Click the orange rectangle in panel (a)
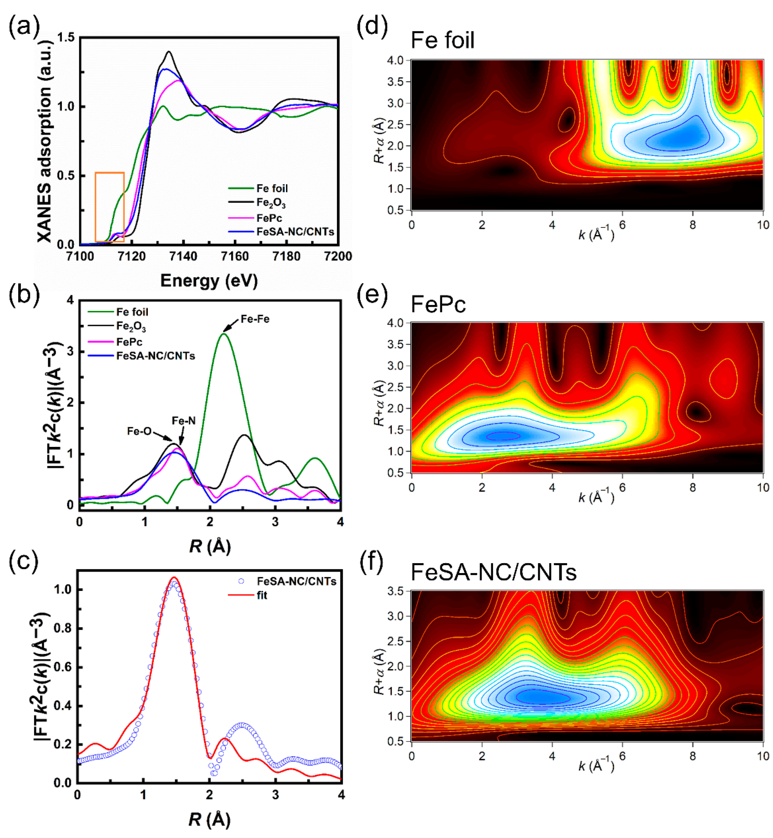click(x=110, y=207)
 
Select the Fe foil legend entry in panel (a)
click(x=272, y=189)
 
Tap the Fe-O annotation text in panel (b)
click(x=139, y=431)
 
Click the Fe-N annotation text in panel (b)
click(x=184, y=421)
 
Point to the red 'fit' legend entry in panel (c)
click(x=262, y=595)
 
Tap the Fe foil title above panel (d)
click(x=442, y=41)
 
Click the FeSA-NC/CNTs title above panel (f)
click(x=493, y=572)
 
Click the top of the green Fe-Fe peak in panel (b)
click(x=224, y=334)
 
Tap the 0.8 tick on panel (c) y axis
click(x=63, y=628)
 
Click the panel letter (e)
click(x=372, y=295)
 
